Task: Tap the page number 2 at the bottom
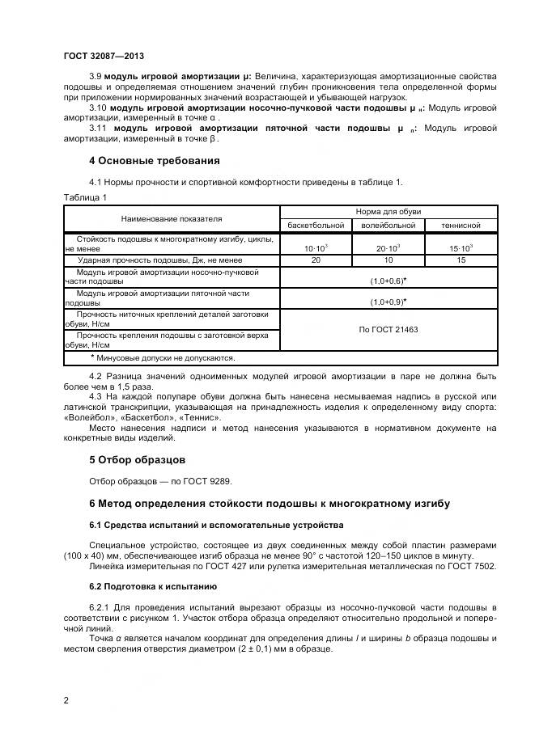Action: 66,700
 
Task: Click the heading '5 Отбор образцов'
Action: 137,460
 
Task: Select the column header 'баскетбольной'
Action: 315,226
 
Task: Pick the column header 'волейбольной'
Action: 388,226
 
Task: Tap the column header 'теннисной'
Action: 461,226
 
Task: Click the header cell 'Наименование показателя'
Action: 172,218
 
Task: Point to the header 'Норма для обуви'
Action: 388,212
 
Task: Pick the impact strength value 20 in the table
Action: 315,260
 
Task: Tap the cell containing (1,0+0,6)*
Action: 388,280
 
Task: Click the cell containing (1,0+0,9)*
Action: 388,301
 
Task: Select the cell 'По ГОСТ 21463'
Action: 388,330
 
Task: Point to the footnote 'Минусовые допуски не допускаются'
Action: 163,357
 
